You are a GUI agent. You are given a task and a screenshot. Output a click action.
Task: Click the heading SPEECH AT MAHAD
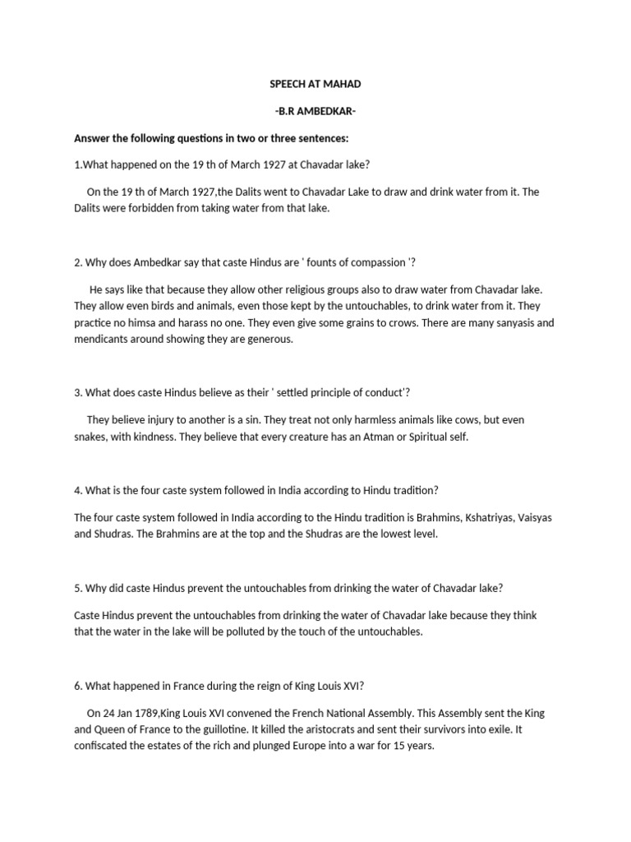(315, 84)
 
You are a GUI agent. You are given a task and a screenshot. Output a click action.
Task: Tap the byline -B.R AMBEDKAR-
(315, 110)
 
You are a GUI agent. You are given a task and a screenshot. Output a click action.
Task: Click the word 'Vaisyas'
(534, 517)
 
